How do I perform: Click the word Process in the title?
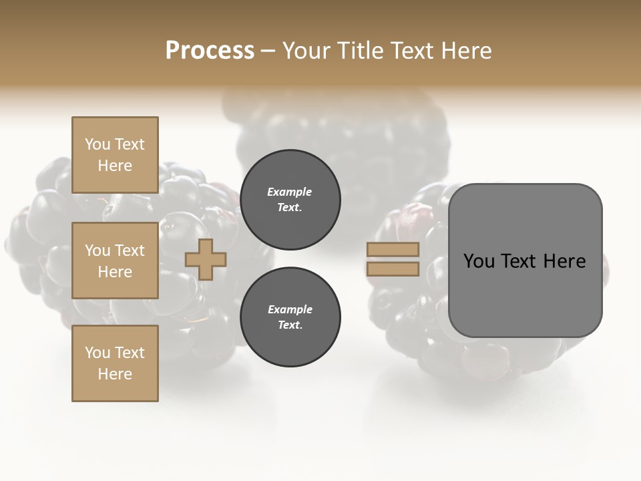click(x=210, y=51)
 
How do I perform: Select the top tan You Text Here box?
click(x=115, y=155)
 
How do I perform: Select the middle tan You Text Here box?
click(x=115, y=261)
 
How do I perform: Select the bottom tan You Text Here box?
click(x=115, y=363)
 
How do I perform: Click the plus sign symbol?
click(x=206, y=259)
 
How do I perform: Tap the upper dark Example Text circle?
click(x=290, y=199)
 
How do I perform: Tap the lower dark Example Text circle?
click(x=290, y=317)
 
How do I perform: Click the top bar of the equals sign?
click(x=393, y=250)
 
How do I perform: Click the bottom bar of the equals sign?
click(x=393, y=269)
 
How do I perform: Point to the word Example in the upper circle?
click(x=290, y=192)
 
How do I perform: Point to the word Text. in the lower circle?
click(x=290, y=325)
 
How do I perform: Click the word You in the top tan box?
click(x=97, y=144)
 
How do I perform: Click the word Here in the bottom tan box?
click(x=115, y=374)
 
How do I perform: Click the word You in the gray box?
click(x=479, y=261)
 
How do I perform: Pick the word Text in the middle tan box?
click(x=130, y=251)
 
